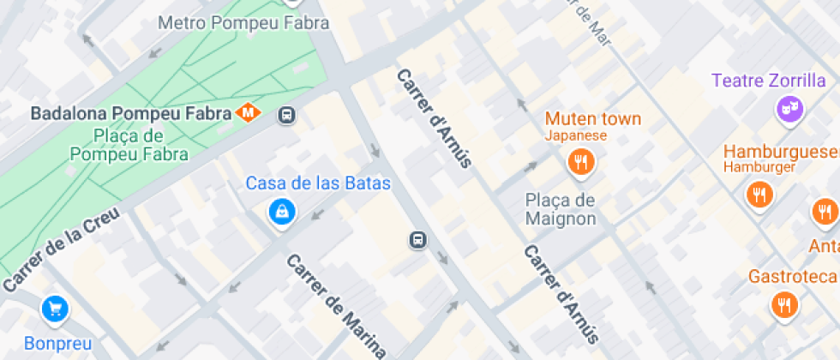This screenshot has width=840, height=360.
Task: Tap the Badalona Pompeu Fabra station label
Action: tap(131, 113)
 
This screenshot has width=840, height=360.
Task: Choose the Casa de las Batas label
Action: tap(318, 183)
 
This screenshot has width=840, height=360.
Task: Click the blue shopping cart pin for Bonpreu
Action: tap(55, 309)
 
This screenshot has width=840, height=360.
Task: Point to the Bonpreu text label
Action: tap(57, 344)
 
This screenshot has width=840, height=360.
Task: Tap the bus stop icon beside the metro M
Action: tap(287, 115)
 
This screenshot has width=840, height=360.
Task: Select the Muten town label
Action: tap(593, 118)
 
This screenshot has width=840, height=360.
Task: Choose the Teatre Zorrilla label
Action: tap(768, 81)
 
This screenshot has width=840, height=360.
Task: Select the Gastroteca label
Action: tap(792, 276)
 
